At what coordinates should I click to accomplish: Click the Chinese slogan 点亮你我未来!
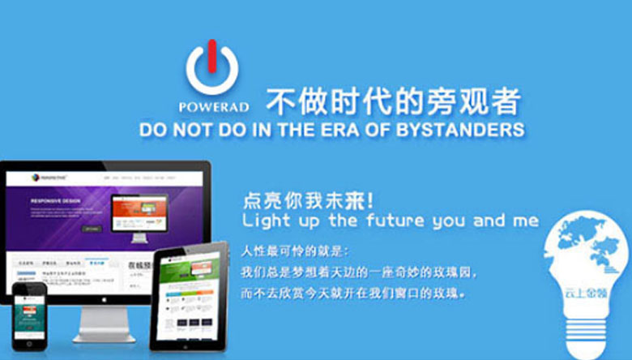pos(308,199)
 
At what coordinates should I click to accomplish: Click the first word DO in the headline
pos(153,130)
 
